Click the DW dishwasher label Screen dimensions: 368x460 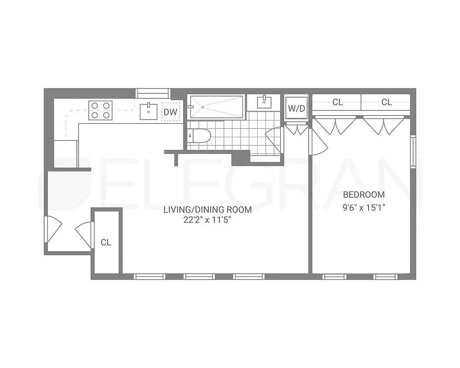click(x=171, y=111)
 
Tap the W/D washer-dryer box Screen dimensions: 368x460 click(x=296, y=109)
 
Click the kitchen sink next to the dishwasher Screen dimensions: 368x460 click(x=149, y=111)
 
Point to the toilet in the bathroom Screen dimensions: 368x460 click(x=199, y=136)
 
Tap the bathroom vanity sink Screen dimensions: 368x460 click(x=264, y=102)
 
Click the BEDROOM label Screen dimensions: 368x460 click(x=364, y=195)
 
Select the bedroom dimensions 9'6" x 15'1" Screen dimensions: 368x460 click(x=364, y=207)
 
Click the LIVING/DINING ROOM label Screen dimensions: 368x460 click(x=208, y=210)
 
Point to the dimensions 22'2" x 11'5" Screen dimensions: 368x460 click(x=207, y=220)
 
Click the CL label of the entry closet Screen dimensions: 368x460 click(x=106, y=242)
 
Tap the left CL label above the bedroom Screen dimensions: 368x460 click(x=337, y=102)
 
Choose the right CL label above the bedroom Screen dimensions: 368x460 click(x=386, y=102)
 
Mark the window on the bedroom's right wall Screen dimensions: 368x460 click(x=413, y=151)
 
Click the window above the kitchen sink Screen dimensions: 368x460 click(x=153, y=93)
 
